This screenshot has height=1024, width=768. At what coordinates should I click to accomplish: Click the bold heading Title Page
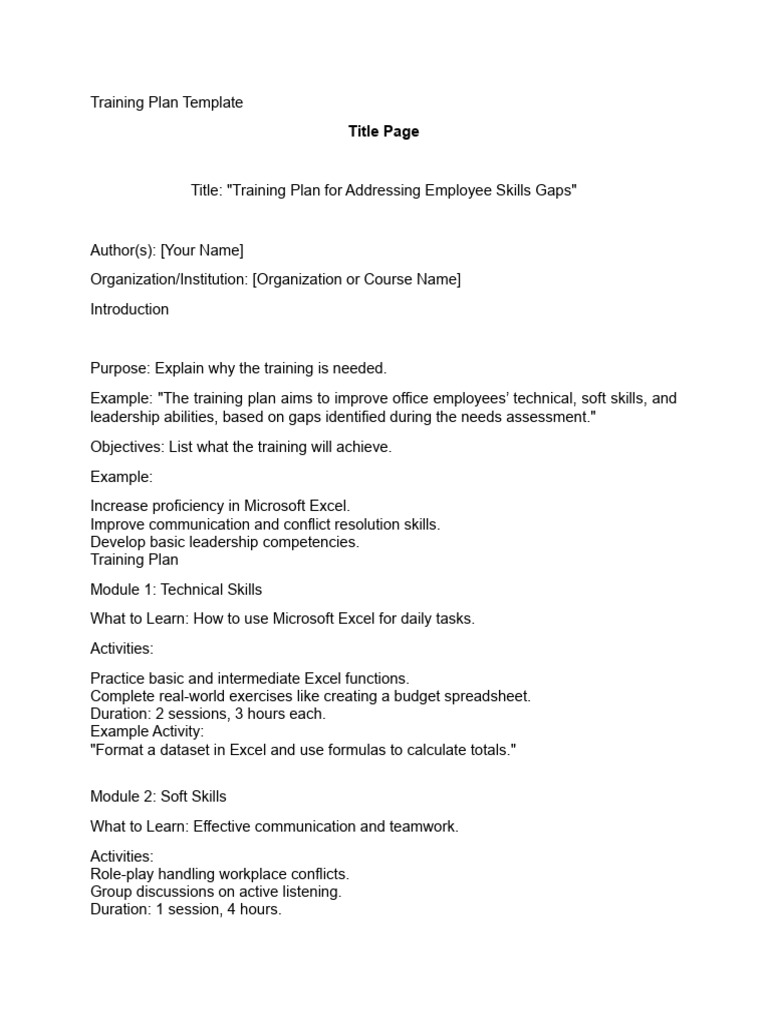(x=383, y=131)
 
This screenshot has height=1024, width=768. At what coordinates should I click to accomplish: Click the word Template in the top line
(x=211, y=102)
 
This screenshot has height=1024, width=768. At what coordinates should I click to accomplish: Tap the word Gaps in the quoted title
(x=556, y=190)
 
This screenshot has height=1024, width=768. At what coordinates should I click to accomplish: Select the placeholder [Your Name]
(x=202, y=250)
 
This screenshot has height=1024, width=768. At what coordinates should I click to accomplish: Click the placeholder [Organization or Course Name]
(x=357, y=279)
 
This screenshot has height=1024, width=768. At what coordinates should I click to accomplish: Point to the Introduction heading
(x=129, y=309)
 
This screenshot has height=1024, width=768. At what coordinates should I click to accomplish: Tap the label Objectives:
(x=127, y=447)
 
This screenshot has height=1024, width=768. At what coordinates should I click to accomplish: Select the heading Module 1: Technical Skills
(x=176, y=589)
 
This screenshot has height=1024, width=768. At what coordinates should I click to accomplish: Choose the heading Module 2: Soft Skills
(x=158, y=796)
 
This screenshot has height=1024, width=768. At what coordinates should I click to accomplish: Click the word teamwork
(x=424, y=826)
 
